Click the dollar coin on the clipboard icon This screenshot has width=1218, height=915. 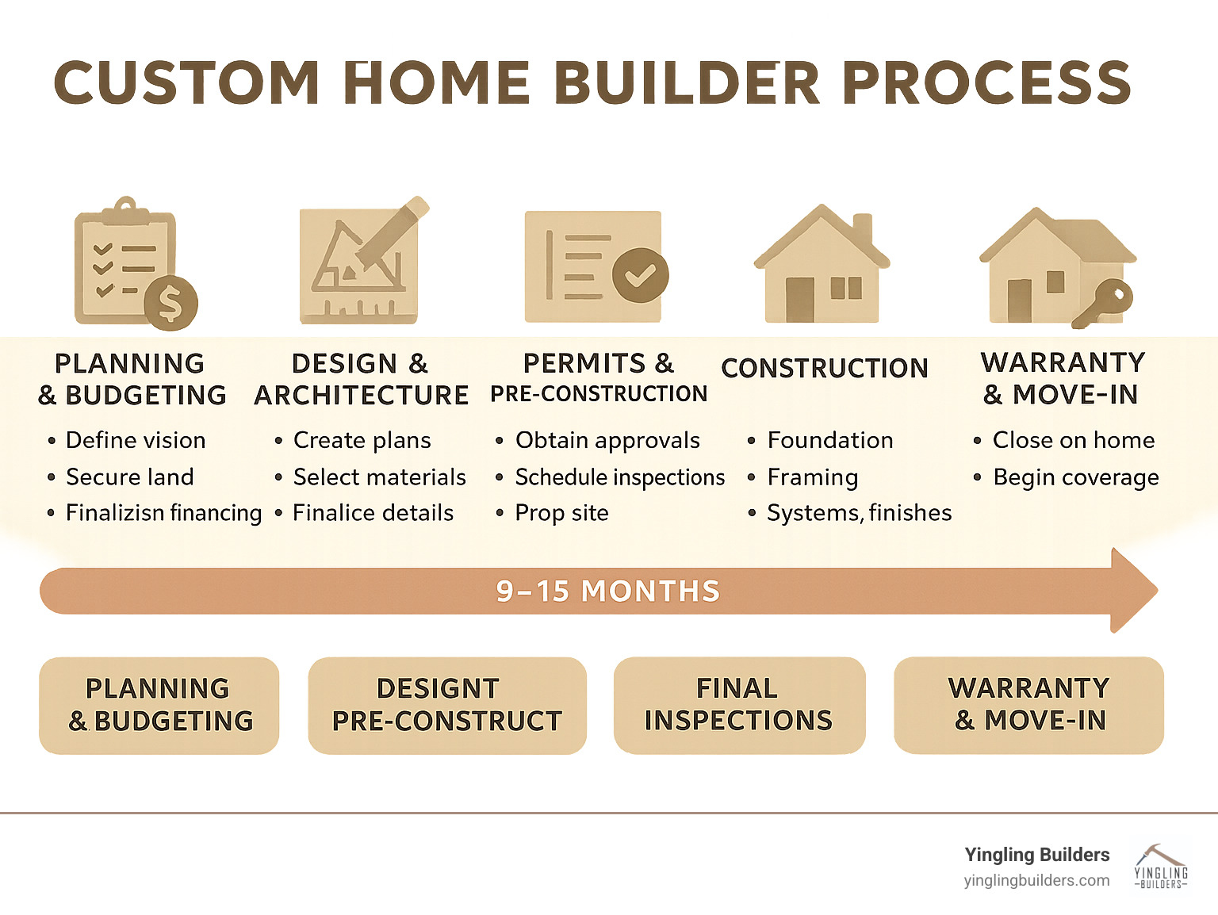[170, 303]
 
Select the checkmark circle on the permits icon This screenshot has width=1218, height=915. [641, 274]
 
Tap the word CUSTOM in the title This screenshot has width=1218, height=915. [186, 82]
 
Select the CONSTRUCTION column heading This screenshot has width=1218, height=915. [825, 368]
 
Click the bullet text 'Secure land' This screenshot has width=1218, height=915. [130, 477]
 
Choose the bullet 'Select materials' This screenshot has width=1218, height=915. [380, 477]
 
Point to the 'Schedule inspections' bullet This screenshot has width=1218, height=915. [620, 477]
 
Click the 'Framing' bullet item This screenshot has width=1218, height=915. [812, 477]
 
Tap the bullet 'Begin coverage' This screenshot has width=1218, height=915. [1076, 477]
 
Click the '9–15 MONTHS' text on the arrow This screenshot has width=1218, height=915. [608, 591]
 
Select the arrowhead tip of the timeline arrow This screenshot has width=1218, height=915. [1158, 591]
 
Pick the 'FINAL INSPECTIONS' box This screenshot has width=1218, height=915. [739, 705]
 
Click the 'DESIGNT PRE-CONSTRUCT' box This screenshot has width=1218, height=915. [447, 705]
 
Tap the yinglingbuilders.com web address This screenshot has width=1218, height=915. [1036, 881]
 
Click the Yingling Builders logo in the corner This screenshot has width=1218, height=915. [1161, 866]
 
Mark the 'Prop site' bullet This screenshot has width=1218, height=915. [561, 513]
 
